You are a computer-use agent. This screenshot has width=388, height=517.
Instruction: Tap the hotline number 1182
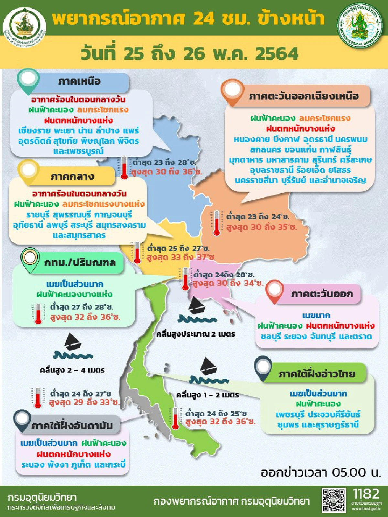coord(366,494)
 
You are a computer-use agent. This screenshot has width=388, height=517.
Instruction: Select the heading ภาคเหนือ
coord(80,81)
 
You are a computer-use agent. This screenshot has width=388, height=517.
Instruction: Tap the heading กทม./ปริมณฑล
coord(80,262)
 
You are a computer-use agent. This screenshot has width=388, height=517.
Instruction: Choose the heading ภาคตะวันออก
coord(321,294)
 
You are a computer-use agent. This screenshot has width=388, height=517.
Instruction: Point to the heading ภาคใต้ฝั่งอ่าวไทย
coord(317,374)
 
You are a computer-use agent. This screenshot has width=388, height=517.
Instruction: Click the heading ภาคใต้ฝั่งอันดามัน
coord(72,426)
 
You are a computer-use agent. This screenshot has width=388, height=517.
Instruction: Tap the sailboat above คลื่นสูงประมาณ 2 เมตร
coord(196,305)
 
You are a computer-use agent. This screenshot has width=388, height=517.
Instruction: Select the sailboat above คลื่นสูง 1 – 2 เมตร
coord(208,366)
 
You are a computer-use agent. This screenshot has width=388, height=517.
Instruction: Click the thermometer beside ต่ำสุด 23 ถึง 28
coord(124,167)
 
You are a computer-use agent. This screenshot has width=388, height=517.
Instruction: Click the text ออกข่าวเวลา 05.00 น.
coord(320,472)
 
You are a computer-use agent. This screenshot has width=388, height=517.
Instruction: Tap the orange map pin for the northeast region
coord(232,91)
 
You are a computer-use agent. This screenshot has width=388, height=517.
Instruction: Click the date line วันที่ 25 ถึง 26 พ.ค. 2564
coord(189,54)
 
